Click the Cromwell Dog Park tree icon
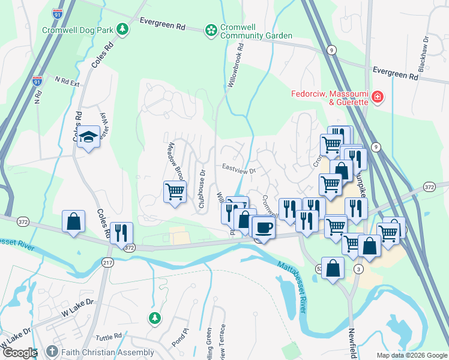[x=122, y=29]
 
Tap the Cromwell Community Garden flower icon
[x=211, y=29]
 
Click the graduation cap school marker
[x=88, y=137]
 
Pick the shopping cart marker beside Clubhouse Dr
[x=175, y=192]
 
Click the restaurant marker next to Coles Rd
[x=121, y=232]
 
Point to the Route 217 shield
[x=108, y=262]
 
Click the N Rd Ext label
[x=67, y=81]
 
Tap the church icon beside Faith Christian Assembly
[x=52, y=352]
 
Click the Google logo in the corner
[x=19, y=353]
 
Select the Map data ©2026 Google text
[x=411, y=355]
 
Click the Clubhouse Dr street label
[x=202, y=189]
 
